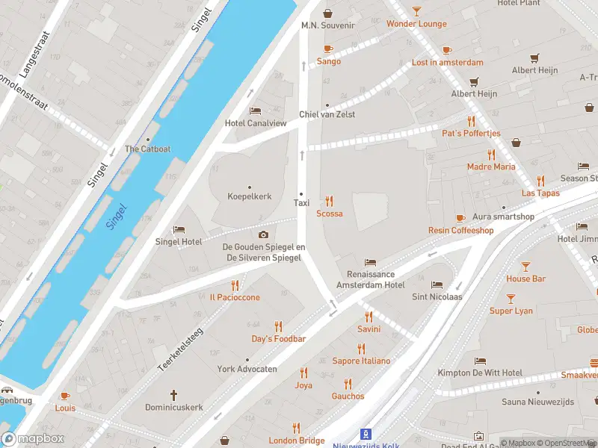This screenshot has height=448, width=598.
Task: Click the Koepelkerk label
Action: [x=249, y=196]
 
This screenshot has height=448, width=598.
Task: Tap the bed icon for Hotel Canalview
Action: [x=256, y=111]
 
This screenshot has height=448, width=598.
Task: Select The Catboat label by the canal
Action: [x=147, y=149]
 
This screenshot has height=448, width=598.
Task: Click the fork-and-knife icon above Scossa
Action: [x=329, y=201]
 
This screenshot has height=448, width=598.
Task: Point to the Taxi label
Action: [x=301, y=202]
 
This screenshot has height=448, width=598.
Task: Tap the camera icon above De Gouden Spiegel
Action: [x=263, y=234]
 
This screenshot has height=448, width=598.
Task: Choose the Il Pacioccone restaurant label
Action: [x=235, y=297]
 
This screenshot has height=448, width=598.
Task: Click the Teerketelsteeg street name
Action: [x=180, y=349]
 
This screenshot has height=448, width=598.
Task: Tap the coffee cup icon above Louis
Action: [x=65, y=396]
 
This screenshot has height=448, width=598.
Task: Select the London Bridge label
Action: [x=297, y=441]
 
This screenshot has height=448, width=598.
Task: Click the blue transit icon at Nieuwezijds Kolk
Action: [x=366, y=433]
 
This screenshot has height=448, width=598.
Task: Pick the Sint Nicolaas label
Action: [x=437, y=296]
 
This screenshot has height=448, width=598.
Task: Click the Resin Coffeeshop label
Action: [x=460, y=231]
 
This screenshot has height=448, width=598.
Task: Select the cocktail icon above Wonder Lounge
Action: [x=416, y=11]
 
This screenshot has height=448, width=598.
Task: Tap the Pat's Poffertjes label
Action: [x=471, y=133]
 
